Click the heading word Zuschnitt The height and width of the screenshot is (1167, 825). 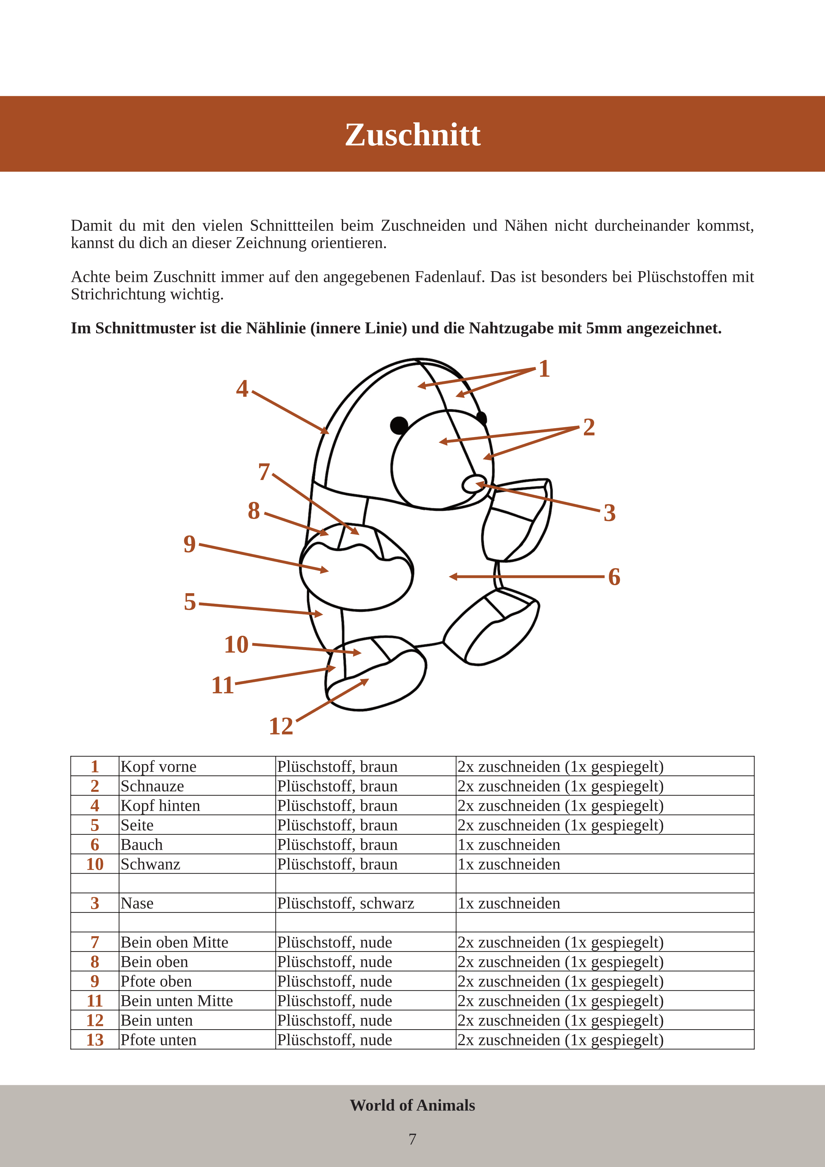pos(412,135)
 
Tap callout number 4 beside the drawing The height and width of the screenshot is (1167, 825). pos(242,389)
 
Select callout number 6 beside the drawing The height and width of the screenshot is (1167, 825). pos(614,577)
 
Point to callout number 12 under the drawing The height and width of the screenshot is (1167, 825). pos(281,726)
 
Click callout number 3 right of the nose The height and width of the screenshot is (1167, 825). pos(610,513)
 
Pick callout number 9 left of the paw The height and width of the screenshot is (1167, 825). pos(190,544)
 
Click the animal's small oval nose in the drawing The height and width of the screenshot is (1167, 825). pos(474,484)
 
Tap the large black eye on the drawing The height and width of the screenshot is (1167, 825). pos(399,425)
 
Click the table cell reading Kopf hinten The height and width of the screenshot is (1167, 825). pos(161,806)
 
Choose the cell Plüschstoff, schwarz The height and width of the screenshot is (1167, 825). pos(345,903)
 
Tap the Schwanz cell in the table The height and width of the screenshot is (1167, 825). pos(150,864)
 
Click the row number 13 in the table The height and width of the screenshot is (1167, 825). pos(95,1040)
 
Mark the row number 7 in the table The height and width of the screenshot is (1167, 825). pos(95,942)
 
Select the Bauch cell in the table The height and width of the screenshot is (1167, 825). pos(142,845)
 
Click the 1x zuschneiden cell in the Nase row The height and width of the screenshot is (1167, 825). pos(509,903)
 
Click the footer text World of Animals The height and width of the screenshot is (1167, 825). pos(412,1105)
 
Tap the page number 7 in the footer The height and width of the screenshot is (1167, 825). pos(412,1139)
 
